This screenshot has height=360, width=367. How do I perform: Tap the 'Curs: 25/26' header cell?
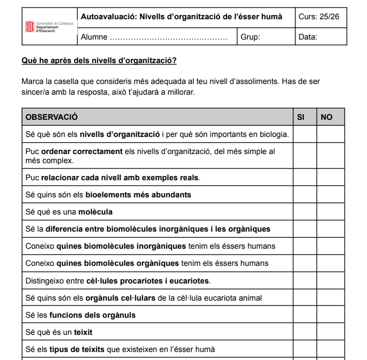[x=319, y=17]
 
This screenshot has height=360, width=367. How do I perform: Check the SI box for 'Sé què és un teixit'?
[x=304, y=332]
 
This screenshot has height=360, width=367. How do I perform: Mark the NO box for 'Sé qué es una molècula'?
[x=330, y=212]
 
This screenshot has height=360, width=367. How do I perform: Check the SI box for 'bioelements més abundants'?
[x=304, y=194]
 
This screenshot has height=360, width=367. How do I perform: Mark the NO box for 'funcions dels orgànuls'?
[x=330, y=315]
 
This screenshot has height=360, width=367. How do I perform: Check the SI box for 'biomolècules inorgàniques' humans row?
[x=304, y=246]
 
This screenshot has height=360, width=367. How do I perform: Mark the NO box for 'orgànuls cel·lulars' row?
[x=330, y=297]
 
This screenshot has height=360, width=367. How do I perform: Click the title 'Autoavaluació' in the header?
[x=107, y=17]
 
